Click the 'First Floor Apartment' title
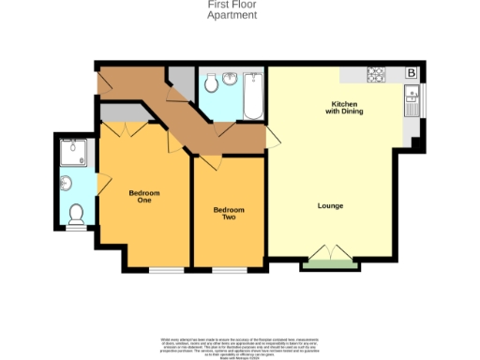(x=232, y=10)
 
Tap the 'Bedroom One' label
(x=144, y=197)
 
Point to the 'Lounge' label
(x=330, y=205)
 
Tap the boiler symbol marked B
(x=411, y=73)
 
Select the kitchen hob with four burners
(x=376, y=73)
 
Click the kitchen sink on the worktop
(x=411, y=99)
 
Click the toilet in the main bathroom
(x=211, y=84)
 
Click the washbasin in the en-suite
(x=65, y=183)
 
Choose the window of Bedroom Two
(x=228, y=270)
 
